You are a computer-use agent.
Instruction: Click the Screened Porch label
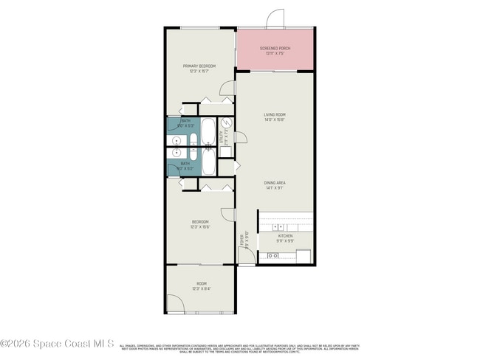coord(275,51)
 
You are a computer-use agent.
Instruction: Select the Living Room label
coord(275,117)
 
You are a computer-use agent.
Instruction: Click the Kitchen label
coord(285,238)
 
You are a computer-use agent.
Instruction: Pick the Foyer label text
coord(241,240)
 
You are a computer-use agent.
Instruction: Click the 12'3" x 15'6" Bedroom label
coord(200,224)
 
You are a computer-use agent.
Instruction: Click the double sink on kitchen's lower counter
coord(272,256)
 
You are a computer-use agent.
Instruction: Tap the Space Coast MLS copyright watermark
coord(58,344)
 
